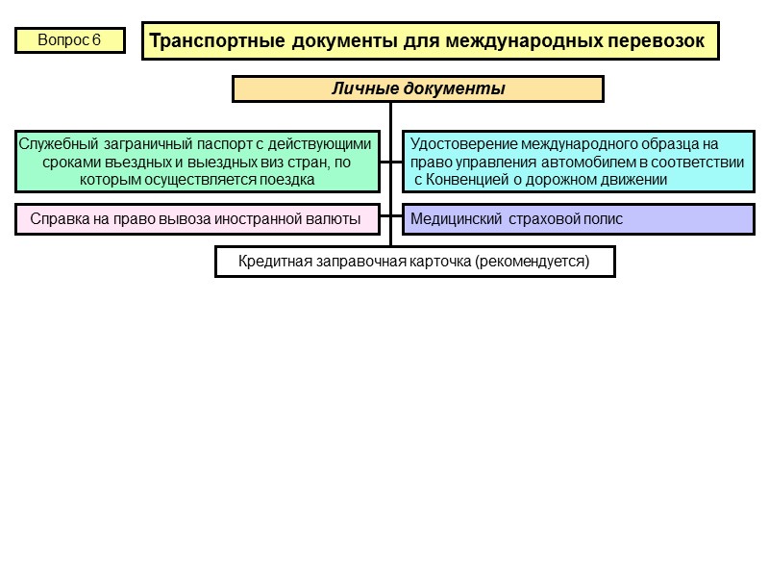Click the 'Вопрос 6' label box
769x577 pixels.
pos(69,40)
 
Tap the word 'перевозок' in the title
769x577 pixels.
pos(657,41)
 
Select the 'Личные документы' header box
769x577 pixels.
pos(418,89)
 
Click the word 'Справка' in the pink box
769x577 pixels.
pos(57,219)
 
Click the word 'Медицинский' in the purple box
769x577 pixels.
pos(452,219)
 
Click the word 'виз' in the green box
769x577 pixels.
pos(259,162)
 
